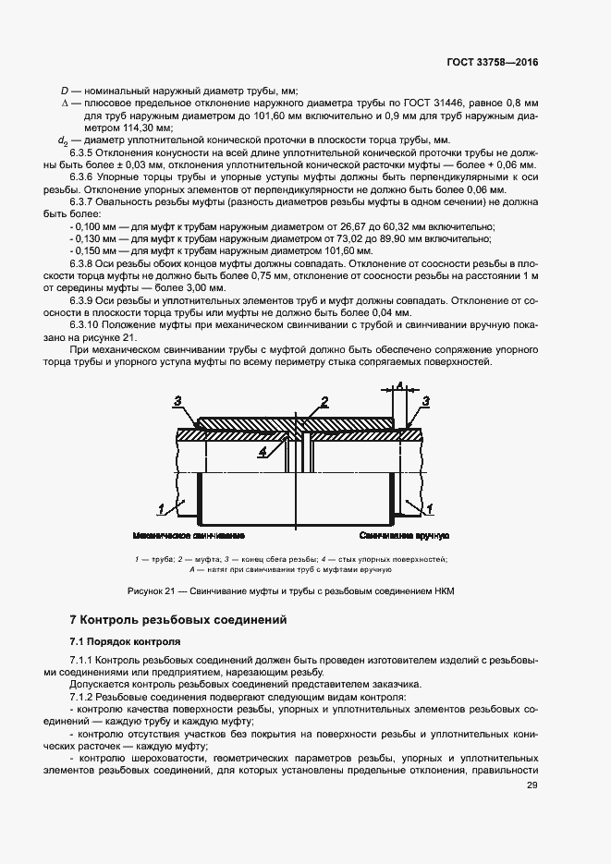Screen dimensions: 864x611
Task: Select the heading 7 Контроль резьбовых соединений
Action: (179, 619)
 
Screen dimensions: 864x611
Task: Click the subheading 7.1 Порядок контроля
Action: (125, 641)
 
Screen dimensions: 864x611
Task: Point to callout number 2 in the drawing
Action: (325, 401)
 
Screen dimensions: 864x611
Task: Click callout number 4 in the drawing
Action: (263, 451)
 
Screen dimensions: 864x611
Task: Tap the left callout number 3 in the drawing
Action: (177, 400)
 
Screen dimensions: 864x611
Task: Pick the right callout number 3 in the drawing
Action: (426, 401)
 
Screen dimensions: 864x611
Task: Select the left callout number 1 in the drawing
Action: (162, 508)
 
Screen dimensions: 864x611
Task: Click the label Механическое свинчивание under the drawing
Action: (189, 536)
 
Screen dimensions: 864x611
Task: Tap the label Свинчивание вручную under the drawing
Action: (405, 536)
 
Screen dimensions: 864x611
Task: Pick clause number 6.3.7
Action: (85, 201)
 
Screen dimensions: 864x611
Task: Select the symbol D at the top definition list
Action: (64, 91)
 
